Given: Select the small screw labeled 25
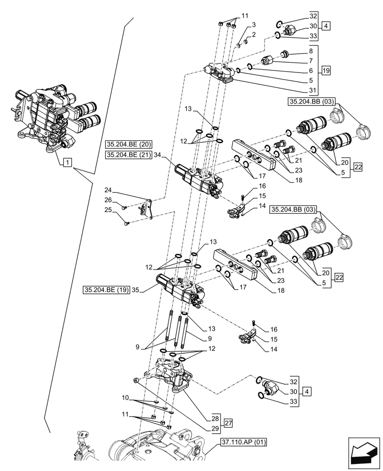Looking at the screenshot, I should click(x=126, y=224).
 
